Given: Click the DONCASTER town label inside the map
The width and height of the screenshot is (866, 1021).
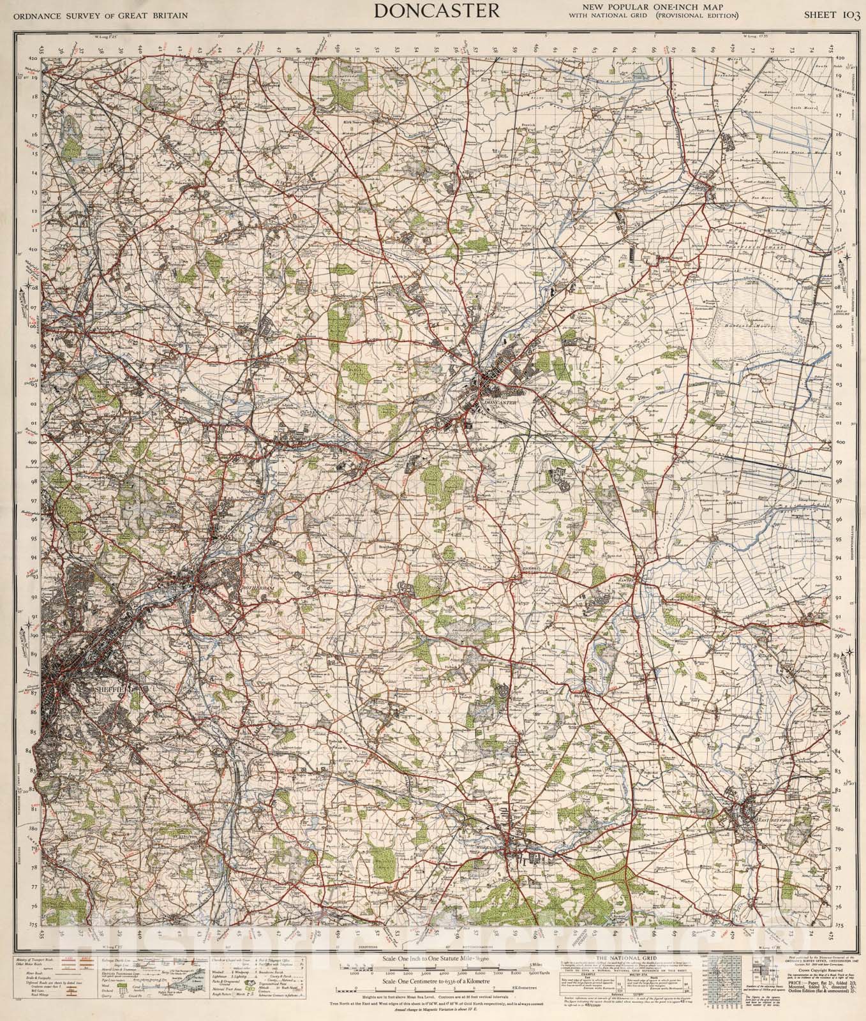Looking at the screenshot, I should pyautogui.click(x=499, y=402).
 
